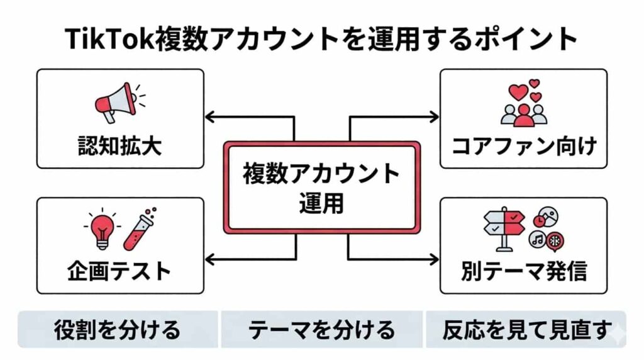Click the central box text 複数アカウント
[x=321, y=173]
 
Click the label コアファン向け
[x=524, y=146]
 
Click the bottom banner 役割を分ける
[x=117, y=329]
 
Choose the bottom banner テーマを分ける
[x=321, y=329]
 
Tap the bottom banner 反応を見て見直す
[x=526, y=329]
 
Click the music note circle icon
[x=536, y=240]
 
